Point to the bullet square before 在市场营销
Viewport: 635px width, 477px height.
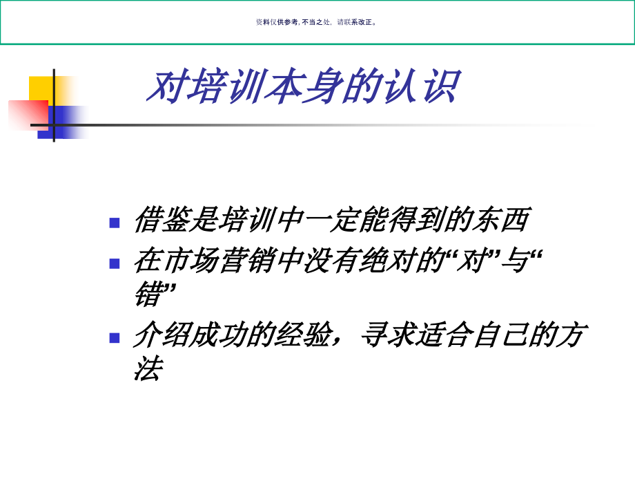[x=115, y=263]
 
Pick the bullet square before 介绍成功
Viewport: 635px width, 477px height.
[x=115, y=338]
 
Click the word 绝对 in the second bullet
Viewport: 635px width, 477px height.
[x=388, y=262]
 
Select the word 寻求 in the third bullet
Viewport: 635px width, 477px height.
[x=388, y=337]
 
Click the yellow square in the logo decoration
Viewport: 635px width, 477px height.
[x=41, y=88]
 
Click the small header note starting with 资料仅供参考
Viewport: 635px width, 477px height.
[x=317, y=22]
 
